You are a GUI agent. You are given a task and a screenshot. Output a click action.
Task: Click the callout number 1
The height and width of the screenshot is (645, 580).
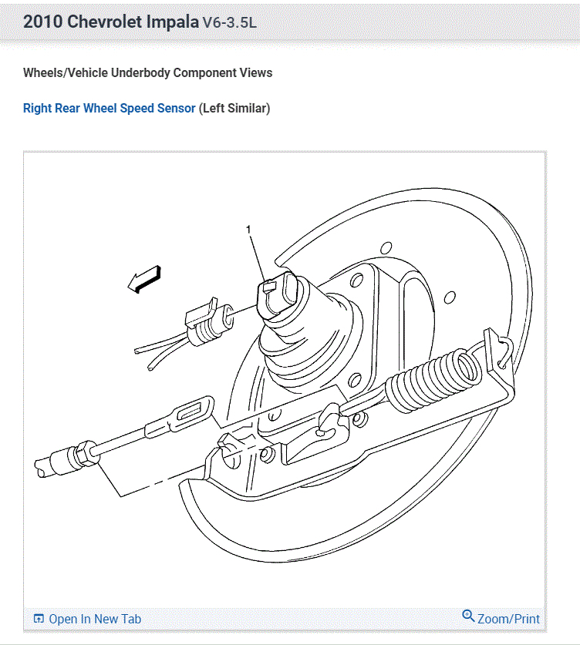point(248,229)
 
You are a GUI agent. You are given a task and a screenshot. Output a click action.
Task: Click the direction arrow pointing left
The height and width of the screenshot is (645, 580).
point(144,279)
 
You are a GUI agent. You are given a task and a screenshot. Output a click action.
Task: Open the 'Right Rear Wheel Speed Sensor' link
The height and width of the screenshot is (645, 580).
point(109,108)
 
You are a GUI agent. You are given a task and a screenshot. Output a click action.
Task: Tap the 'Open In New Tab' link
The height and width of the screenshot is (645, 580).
point(87,619)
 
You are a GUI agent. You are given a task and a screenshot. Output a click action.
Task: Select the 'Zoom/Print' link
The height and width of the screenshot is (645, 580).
point(501,618)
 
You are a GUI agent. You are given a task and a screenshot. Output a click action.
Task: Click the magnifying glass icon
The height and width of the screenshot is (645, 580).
point(468,616)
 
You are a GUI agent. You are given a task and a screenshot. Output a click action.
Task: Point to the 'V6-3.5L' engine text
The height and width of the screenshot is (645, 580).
point(229,22)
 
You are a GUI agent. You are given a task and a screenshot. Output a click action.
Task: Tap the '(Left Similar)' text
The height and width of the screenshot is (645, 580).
point(234,108)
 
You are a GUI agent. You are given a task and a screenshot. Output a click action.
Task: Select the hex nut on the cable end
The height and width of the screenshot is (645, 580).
point(86,453)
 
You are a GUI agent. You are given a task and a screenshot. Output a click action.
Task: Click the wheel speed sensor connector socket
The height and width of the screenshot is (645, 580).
point(277,295)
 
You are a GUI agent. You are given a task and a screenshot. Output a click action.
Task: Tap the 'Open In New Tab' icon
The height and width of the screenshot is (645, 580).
point(39,619)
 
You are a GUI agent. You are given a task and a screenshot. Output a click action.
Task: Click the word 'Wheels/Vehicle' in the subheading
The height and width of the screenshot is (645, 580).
point(66,72)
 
